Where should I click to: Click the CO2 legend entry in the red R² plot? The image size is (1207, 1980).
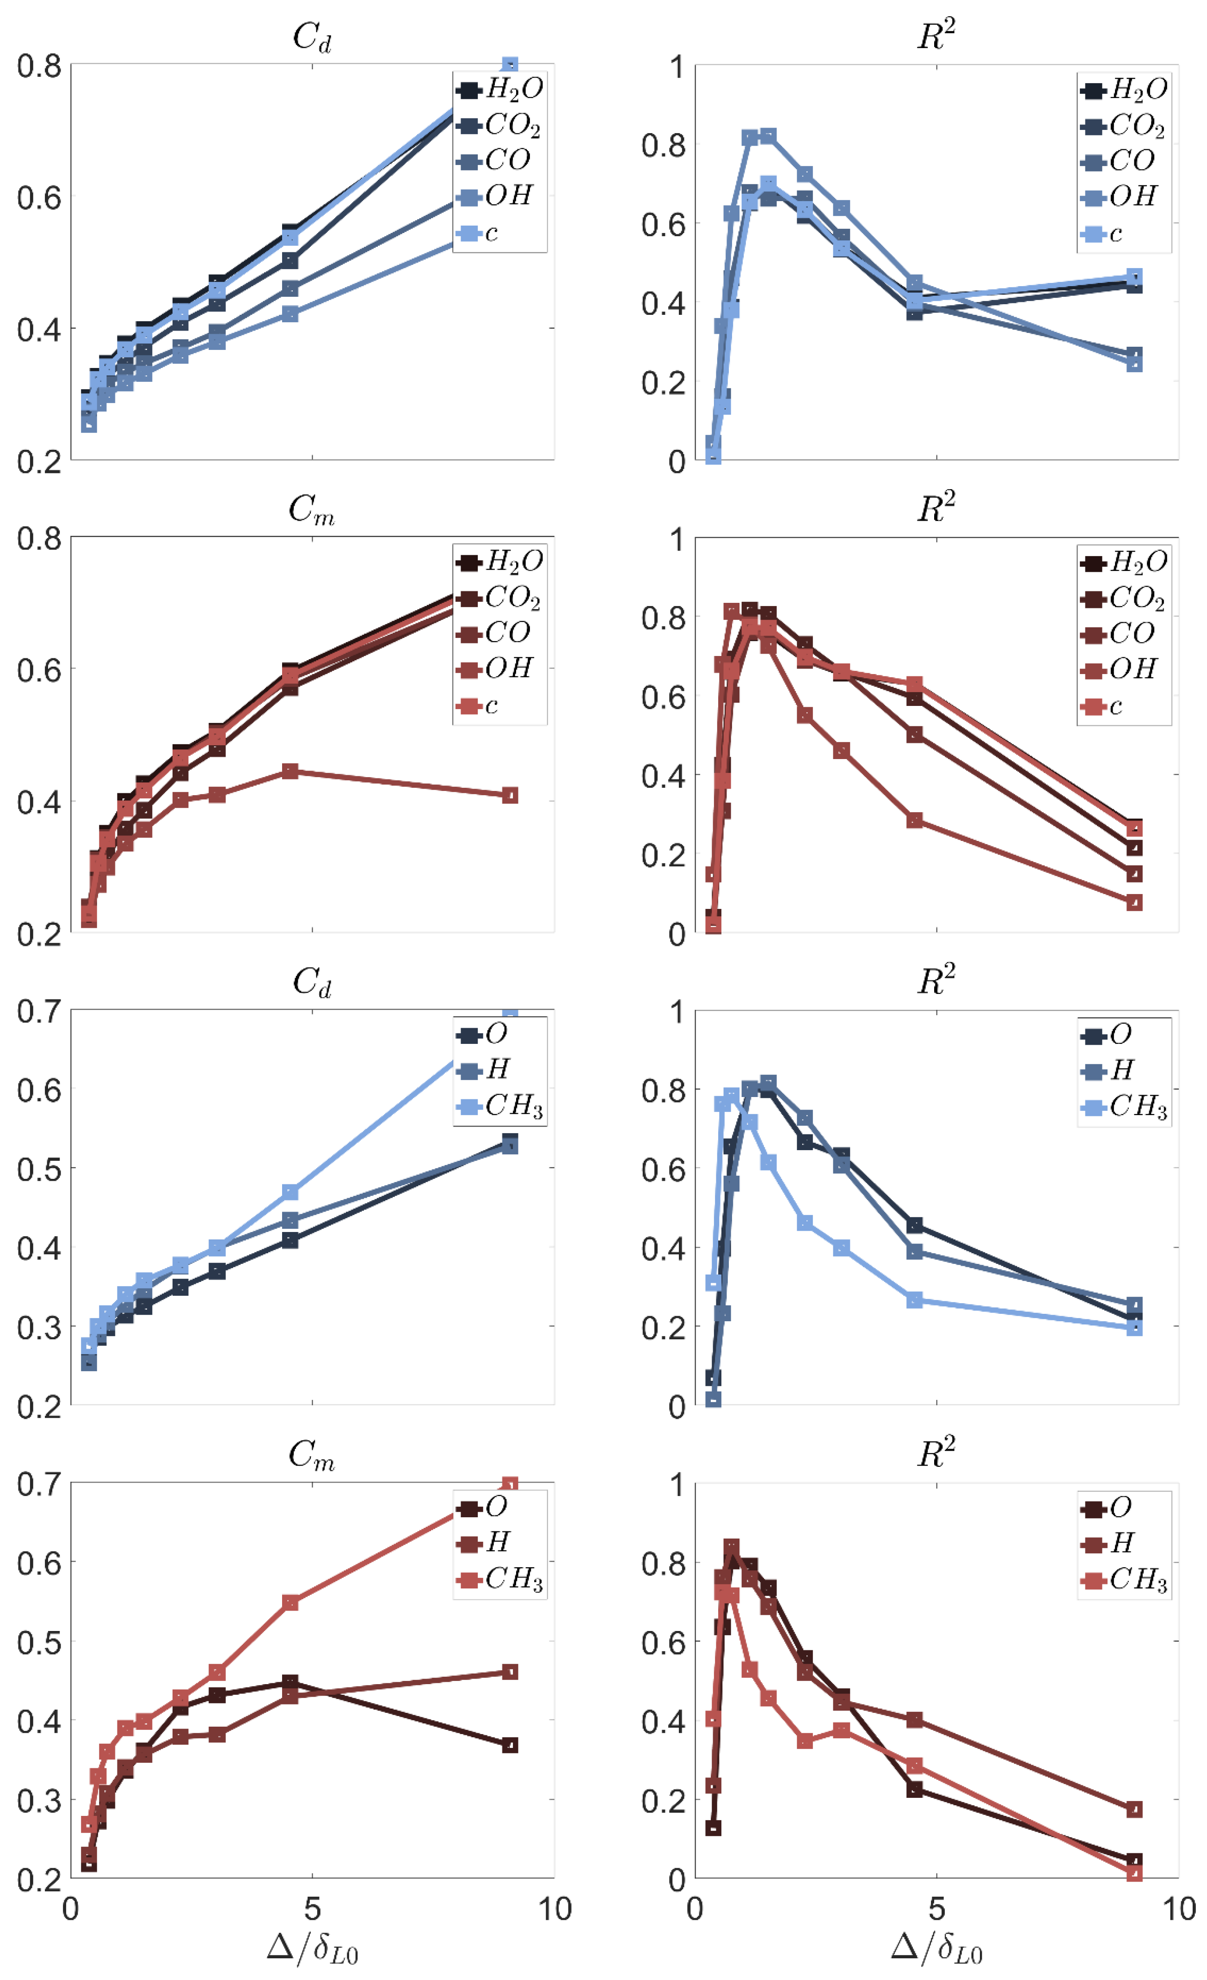coord(1123,598)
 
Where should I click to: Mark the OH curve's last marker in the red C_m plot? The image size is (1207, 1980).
coord(510,795)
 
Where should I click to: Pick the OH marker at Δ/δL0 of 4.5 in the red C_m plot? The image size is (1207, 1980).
coord(290,772)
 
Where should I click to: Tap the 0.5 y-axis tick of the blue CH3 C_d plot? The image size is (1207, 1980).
coord(38,1168)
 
